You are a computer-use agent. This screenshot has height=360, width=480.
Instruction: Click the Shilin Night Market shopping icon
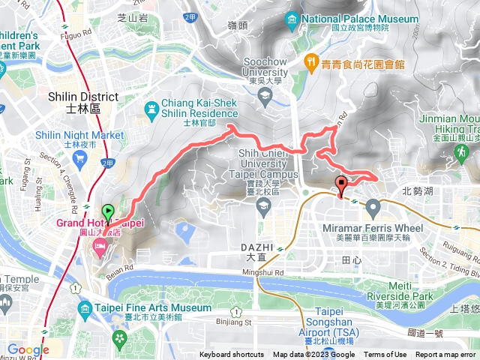[79, 157]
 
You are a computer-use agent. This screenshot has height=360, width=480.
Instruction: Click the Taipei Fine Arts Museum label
[153, 307]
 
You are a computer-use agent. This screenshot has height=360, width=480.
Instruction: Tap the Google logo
[28, 349]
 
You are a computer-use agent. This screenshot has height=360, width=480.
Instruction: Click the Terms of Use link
[385, 355]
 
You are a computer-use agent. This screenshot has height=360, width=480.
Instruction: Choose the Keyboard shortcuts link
[232, 355]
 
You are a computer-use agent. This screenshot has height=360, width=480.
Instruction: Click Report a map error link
[446, 355]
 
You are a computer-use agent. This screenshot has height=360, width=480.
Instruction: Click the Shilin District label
[82, 97]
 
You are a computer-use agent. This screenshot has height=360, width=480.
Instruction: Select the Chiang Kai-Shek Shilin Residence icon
[152, 110]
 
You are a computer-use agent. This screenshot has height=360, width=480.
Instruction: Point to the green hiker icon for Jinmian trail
[460, 153]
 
